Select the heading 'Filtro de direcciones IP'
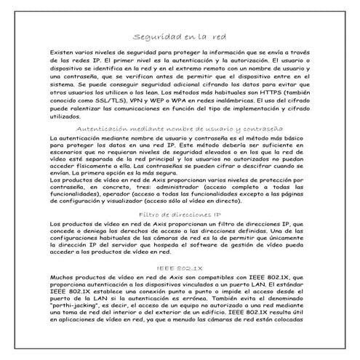coord(180,215)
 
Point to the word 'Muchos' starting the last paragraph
coord(61,277)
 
